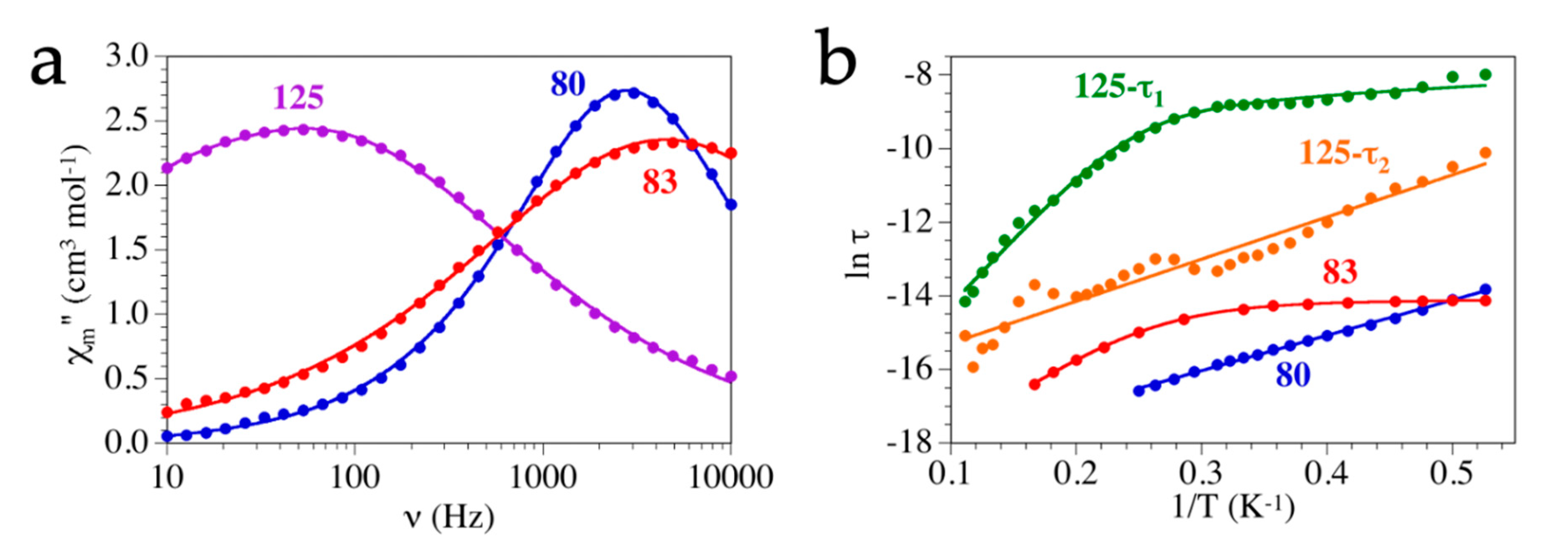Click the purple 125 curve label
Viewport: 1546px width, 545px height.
(298, 97)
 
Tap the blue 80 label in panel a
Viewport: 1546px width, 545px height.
(568, 84)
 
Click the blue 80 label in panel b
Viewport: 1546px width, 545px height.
(1293, 376)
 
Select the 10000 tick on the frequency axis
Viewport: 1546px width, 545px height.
(730, 479)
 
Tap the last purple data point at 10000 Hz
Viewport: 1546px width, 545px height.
(731, 376)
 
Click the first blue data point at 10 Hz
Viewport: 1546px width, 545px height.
(167, 436)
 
